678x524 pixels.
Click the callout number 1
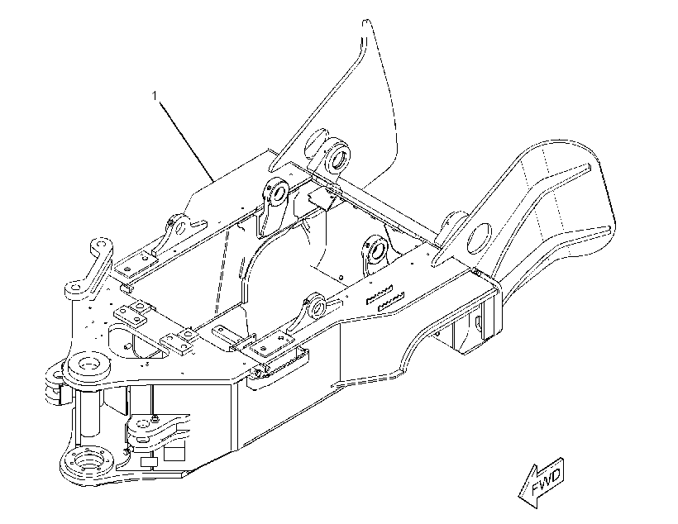[x=155, y=96]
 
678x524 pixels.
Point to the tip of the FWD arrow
[x=519, y=495]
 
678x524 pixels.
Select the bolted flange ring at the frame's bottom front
[x=88, y=464]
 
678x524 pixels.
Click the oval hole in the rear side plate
[x=480, y=239]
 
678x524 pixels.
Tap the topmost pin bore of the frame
[x=338, y=156]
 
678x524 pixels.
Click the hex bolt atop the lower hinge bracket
[x=155, y=417]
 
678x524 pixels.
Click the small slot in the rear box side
[x=478, y=323]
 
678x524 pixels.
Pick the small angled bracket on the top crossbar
[x=321, y=198]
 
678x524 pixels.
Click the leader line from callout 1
[x=186, y=141]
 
